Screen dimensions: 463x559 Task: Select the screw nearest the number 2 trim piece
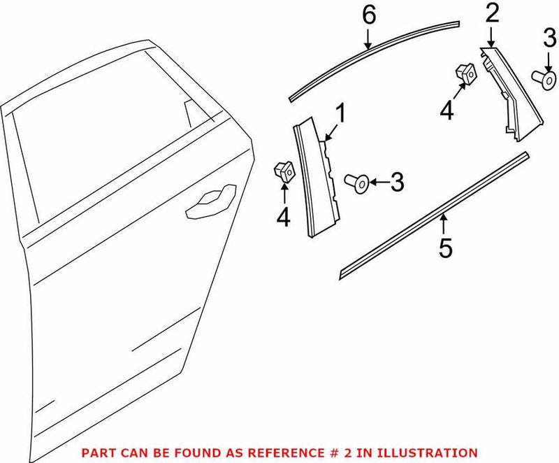click(x=541, y=77)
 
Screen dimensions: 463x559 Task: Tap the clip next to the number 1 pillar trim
click(x=282, y=169)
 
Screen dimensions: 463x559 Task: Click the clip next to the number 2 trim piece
click(x=465, y=71)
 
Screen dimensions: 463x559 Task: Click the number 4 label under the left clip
click(x=283, y=218)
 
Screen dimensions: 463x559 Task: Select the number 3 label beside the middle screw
click(x=396, y=183)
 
